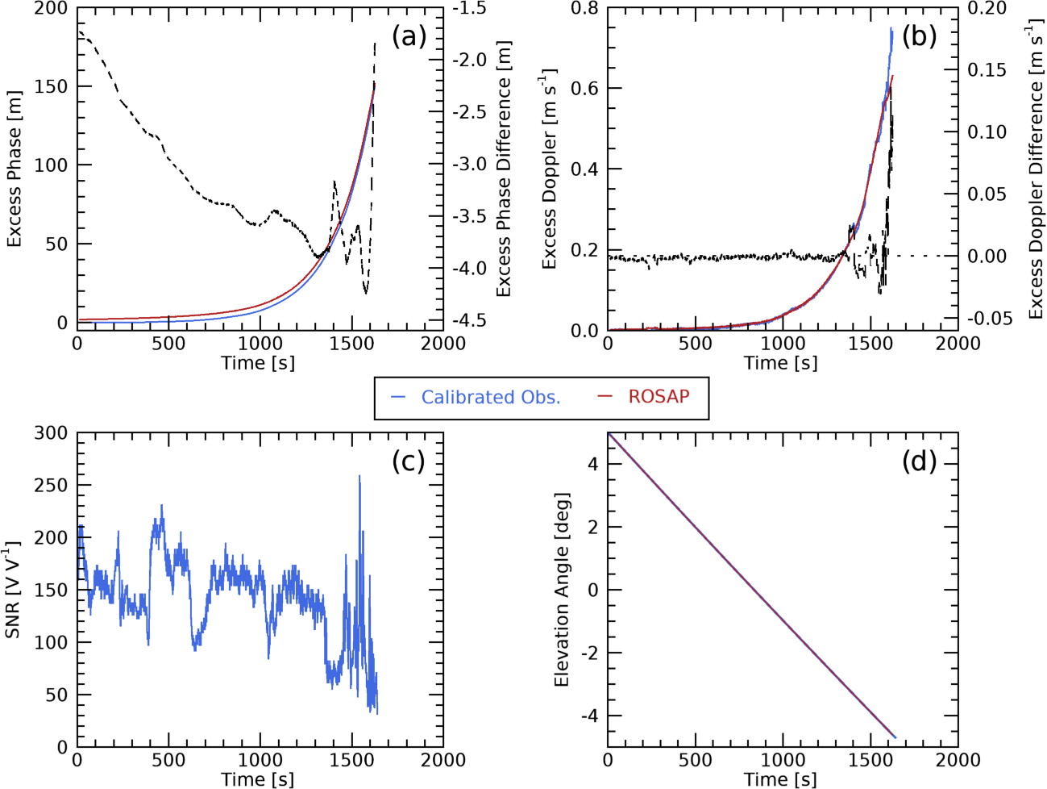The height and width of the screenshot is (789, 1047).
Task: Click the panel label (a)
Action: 409,36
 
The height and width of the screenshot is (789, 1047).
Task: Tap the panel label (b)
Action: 919,36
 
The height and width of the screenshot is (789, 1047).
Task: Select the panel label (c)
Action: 408,461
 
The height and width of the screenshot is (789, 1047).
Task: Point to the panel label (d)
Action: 919,461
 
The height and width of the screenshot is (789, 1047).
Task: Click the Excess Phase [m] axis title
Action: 15,169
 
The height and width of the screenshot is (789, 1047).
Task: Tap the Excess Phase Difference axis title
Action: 504,169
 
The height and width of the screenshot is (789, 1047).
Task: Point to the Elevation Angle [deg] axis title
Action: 562,590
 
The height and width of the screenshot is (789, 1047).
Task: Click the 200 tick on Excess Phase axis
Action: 51,9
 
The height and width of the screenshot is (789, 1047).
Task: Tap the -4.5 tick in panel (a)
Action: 469,320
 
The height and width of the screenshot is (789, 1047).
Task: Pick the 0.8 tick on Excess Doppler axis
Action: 585,9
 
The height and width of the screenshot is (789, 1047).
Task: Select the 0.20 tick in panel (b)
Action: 987,9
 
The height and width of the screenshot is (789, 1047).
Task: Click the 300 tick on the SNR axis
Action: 51,433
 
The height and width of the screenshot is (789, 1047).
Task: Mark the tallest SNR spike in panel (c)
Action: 359,476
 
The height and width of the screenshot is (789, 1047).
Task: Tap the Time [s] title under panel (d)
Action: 780,779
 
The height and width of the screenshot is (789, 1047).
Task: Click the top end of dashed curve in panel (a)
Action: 375,44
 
